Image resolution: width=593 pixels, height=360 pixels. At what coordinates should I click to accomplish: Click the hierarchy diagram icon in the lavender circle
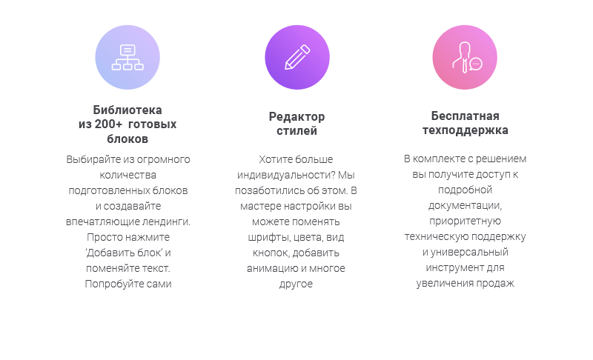pos(127,58)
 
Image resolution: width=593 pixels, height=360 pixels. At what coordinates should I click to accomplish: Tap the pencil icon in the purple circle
pos(297,57)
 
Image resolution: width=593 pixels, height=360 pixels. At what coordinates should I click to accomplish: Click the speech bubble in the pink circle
pos(476,64)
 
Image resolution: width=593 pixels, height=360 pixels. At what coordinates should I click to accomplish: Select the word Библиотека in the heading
pos(127,110)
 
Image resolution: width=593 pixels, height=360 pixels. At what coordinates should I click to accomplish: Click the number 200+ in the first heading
pos(108,124)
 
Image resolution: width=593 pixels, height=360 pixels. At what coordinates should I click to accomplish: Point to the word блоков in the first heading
pos(127,139)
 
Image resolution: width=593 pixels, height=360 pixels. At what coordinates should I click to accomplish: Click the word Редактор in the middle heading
pos(297,117)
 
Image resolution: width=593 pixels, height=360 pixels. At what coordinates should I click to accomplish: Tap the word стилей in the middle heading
pos(297,130)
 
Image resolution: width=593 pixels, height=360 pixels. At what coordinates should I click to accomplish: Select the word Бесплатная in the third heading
pos(466,116)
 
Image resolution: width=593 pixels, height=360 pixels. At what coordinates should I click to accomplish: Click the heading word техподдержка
pos(466,130)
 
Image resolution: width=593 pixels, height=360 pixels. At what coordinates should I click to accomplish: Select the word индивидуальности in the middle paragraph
pos(287,176)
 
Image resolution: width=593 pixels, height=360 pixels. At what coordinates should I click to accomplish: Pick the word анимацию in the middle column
pos(272,269)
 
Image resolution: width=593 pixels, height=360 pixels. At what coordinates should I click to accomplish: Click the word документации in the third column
pos(465,206)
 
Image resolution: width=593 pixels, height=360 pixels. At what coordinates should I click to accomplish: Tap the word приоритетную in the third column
pos(466,221)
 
